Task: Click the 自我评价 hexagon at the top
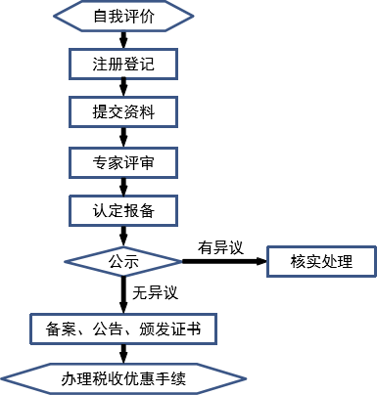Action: point(123,18)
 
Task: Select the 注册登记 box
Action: point(123,65)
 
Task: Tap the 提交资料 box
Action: point(123,112)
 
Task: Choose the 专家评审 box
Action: point(123,160)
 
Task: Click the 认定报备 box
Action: point(123,209)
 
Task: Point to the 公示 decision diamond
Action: point(123,261)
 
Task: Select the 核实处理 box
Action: point(320,261)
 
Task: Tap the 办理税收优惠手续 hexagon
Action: point(123,377)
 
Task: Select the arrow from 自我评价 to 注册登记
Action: point(123,40)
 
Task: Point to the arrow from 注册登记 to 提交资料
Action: point(123,88)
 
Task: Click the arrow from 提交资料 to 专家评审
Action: point(123,136)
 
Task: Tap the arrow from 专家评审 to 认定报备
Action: point(123,185)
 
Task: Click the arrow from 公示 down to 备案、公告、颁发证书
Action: point(123,292)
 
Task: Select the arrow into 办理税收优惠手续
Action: point(123,352)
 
